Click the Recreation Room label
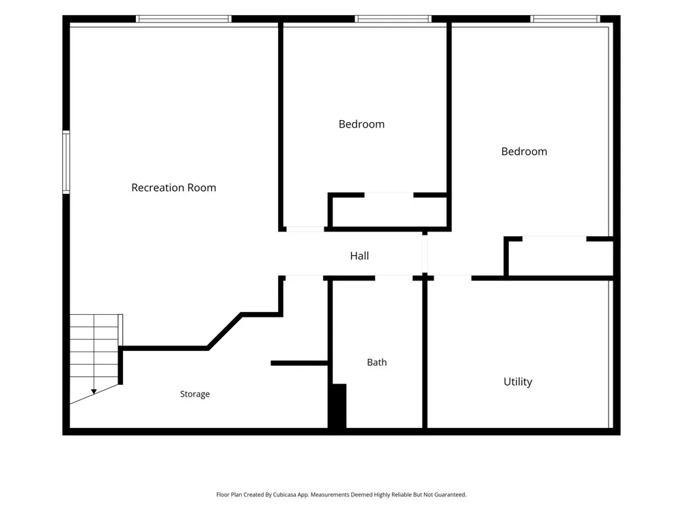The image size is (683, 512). [x=173, y=188]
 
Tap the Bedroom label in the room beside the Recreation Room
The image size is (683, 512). [x=361, y=124]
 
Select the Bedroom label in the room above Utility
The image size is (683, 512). [x=524, y=152]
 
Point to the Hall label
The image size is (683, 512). [x=359, y=255]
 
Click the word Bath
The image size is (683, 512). [x=377, y=362]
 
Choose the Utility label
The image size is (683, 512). [x=518, y=382]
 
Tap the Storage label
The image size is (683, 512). [x=195, y=394]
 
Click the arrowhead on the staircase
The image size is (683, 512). [x=94, y=392]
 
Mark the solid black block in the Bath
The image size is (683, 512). [x=338, y=406]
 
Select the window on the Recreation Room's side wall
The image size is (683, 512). [x=66, y=162]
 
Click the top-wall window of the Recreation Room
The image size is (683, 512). [x=183, y=18]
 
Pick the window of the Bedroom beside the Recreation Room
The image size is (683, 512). [x=393, y=18]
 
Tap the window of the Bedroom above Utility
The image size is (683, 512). [x=565, y=18]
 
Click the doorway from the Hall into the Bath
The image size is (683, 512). [x=394, y=278]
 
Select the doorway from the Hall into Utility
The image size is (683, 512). [x=453, y=278]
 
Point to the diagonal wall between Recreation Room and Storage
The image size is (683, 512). [x=224, y=331]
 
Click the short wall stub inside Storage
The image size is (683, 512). [x=299, y=363]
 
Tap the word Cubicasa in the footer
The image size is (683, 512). [x=285, y=494]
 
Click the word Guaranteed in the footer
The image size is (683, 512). [x=450, y=494]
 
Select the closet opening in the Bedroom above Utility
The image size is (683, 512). [x=555, y=238]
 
